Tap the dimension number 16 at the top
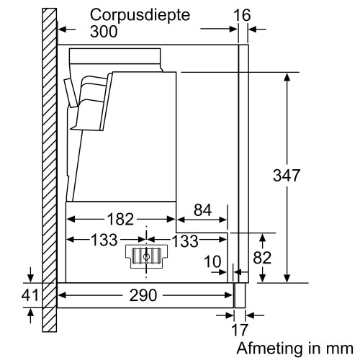pyautogui.click(x=244, y=14)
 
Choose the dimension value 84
pyautogui.click(x=203, y=210)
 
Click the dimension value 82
pyautogui.click(x=263, y=257)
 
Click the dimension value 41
pyautogui.click(x=29, y=295)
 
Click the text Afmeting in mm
pyautogui.click(x=295, y=347)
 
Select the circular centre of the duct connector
pyautogui.click(x=146, y=256)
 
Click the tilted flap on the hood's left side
pyautogui.click(x=70, y=92)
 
